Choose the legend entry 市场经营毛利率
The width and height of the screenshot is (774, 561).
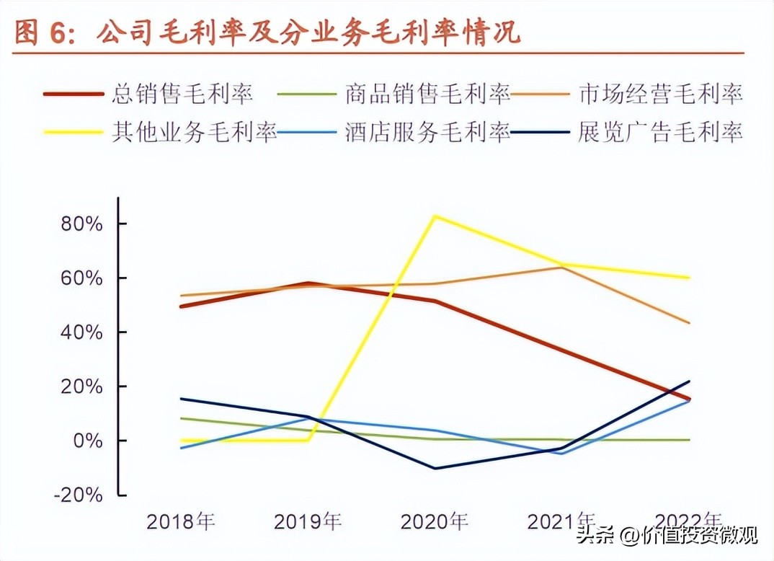[660, 94]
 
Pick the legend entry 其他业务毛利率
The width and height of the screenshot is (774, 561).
[194, 133]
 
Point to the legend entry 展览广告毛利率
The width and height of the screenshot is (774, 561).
[660, 133]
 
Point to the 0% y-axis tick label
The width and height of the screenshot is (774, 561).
[88, 441]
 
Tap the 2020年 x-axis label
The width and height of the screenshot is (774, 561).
[435, 521]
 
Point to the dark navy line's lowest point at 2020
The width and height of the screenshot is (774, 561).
[435, 469]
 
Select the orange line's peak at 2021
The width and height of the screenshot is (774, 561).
[561, 268]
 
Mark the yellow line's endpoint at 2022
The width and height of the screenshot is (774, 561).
[689, 278]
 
